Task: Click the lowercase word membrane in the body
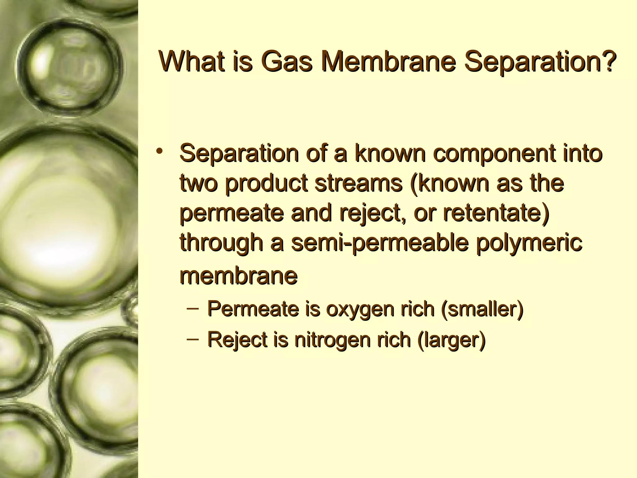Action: (239, 275)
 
